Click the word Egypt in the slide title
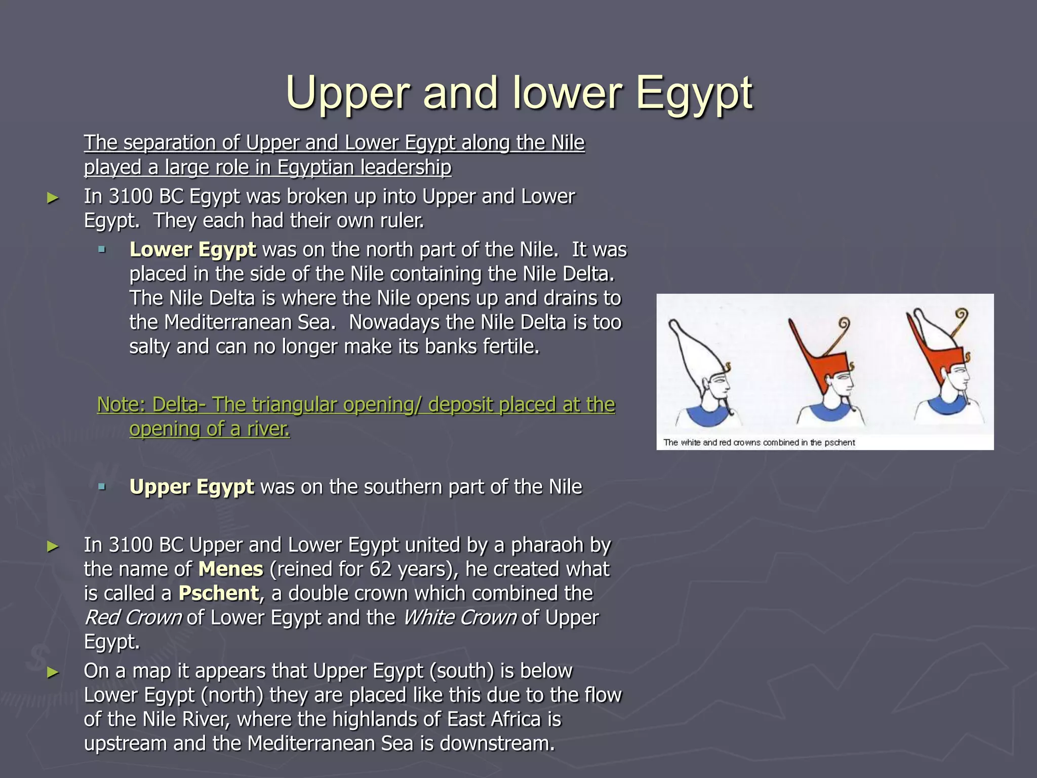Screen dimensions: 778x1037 (694, 94)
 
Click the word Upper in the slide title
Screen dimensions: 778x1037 (347, 94)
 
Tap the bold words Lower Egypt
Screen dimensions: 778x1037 (192, 250)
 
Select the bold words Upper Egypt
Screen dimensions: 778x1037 (191, 487)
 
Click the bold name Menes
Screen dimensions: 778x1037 (230, 569)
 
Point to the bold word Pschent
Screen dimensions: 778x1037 (218, 594)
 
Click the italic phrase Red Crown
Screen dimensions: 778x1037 (133, 618)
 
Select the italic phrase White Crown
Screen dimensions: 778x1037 (459, 618)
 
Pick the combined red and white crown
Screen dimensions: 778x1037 (937, 349)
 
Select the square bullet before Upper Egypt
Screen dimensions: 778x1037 (102, 487)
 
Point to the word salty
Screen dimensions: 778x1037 (150, 347)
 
